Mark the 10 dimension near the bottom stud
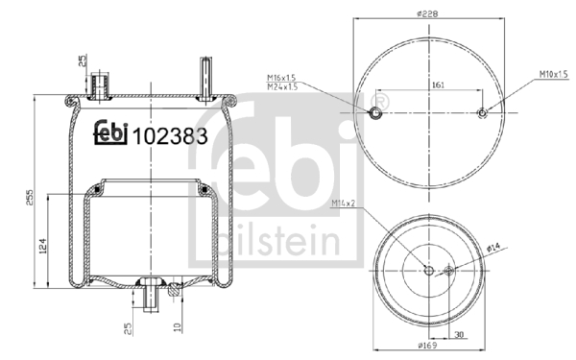(x=179, y=327)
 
